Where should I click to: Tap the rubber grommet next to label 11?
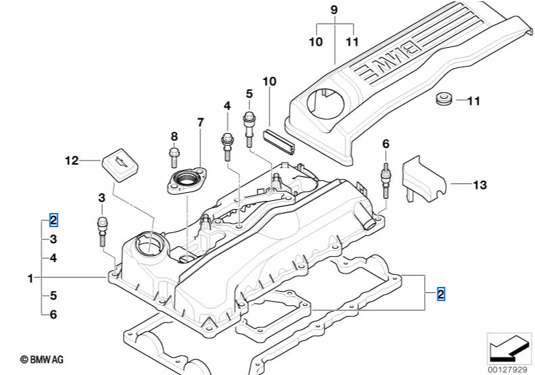click(443, 101)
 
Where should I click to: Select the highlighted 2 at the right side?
click(441, 293)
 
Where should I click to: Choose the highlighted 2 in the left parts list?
click(54, 220)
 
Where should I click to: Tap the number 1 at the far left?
click(30, 277)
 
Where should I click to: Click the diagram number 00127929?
click(506, 368)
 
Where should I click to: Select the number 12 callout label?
click(71, 160)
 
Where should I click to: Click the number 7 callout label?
click(200, 122)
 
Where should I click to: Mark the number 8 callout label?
click(173, 136)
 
